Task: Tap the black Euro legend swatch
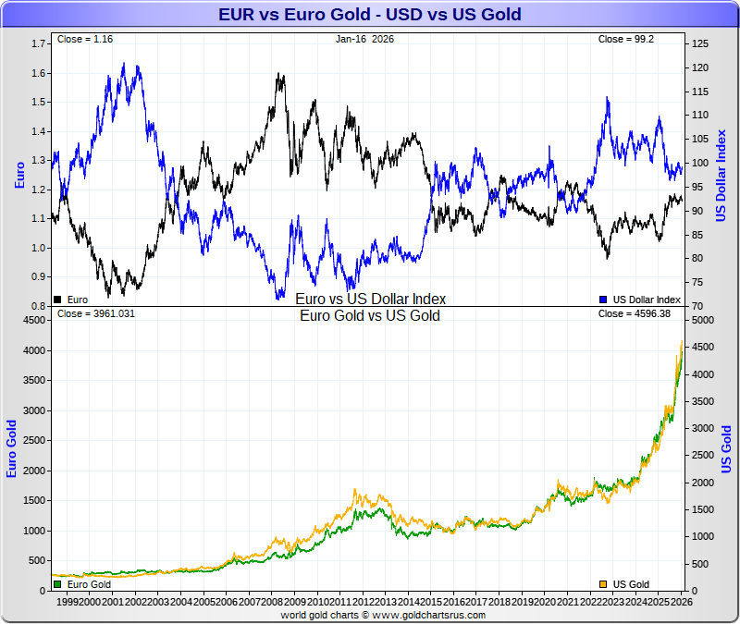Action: [59, 300]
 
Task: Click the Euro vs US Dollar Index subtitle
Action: [370, 300]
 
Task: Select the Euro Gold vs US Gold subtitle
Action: [370, 316]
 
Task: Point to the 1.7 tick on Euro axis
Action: [38, 43]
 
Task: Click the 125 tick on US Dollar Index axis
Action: [699, 43]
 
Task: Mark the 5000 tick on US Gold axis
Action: [704, 320]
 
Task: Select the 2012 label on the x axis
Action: [362, 602]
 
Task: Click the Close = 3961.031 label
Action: [96, 314]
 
